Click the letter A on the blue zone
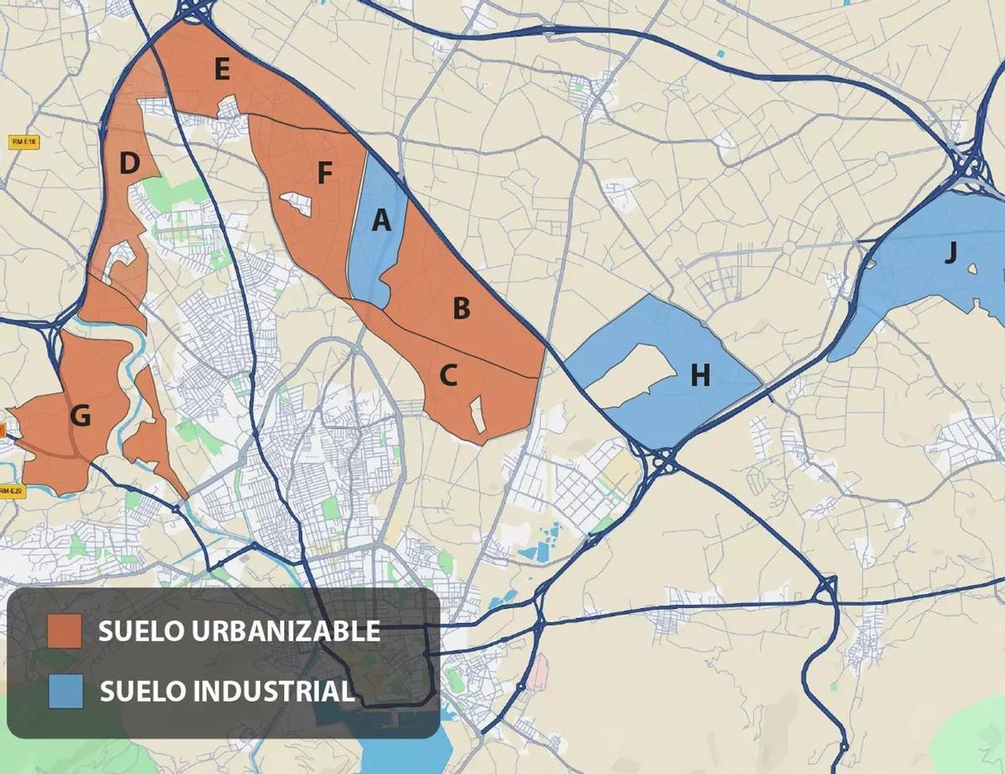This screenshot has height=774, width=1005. click(x=381, y=221)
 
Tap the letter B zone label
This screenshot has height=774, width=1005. click(x=461, y=309)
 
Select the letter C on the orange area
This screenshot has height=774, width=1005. click(x=448, y=377)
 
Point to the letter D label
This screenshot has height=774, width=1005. click(x=128, y=164)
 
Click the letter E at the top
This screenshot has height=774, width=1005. click(x=221, y=70)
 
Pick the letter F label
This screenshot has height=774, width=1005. click(x=325, y=173)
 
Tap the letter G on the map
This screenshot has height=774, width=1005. click(x=80, y=415)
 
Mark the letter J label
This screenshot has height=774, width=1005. click(x=950, y=252)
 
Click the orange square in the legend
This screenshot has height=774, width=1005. click(x=65, y=631)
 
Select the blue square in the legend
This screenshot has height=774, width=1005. click(x=65, y=691)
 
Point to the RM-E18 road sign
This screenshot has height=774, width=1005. click(x=23, y=142)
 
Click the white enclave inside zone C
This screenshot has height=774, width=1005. click(x=478, y=414)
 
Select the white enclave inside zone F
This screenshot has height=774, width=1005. click(x=297, y=204)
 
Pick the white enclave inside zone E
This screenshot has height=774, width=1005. click(x=229, y=107)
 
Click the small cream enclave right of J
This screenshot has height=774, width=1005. click(x=972, y=269)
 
